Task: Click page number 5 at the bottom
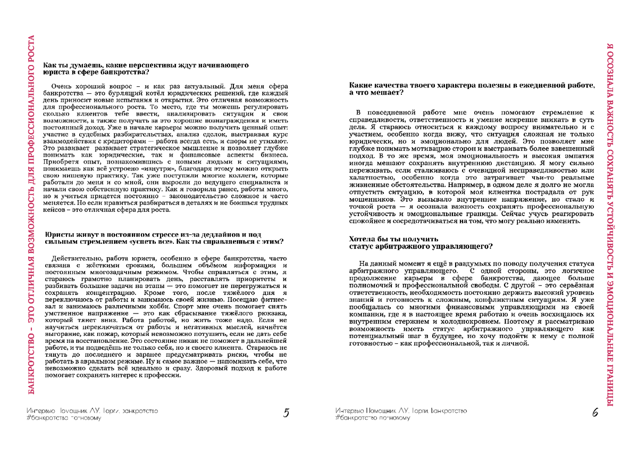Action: pyautogui.click(x=286, y=413)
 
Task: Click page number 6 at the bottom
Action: pyautogui.click(x=595, y=413)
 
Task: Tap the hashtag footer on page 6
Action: pyautogui.click(x=373, y=418)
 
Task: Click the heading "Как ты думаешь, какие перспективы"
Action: pyautogui.click(x=146, y=65)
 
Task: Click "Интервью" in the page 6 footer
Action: pyautogui.click(x=349, y=411)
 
